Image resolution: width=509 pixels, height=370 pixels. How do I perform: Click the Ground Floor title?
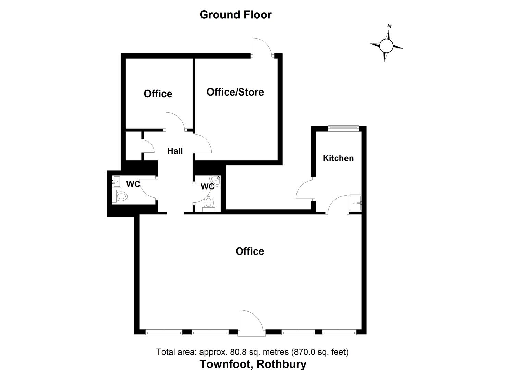tap(235, 15)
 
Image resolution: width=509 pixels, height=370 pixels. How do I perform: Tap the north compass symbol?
tap(386, 45)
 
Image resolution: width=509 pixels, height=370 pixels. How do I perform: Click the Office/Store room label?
tap(235, 92)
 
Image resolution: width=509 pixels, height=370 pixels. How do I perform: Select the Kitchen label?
tap(338, 158)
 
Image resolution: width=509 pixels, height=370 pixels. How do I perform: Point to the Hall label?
tap(175, 151)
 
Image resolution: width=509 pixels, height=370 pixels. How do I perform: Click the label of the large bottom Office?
tap(250, 251)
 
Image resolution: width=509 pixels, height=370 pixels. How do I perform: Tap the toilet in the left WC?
tap(121, 197)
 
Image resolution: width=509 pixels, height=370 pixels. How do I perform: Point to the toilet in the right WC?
tap(208, 203)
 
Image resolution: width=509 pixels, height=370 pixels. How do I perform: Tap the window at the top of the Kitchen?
tap(343, 128)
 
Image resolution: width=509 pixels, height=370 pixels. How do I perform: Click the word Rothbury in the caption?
tap(281, 364)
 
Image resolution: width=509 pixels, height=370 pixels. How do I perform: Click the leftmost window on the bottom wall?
tap(164, 332)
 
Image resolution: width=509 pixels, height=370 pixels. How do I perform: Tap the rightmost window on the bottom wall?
tap(339, 332)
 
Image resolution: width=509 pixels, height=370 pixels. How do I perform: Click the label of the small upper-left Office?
tap(158, 94)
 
